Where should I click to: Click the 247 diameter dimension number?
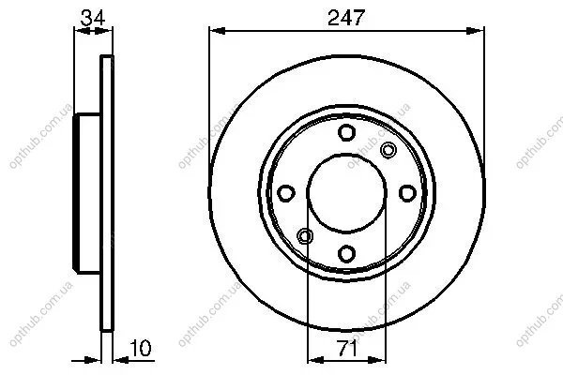(x=346, y=17)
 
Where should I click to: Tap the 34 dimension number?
(x=93, y=17)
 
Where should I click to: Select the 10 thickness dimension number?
(x=141, y=348)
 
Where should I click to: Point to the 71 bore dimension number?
(x=346, y=348)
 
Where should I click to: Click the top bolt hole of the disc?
(x=346, y=132)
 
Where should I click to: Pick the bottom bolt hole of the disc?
(x=346, y=254)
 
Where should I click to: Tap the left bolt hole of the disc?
(x=286, y=193)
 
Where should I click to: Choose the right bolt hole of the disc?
(x=407, y=193)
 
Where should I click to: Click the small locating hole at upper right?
(x=388, y=150)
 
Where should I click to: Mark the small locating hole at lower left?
(x=305, y=236)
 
